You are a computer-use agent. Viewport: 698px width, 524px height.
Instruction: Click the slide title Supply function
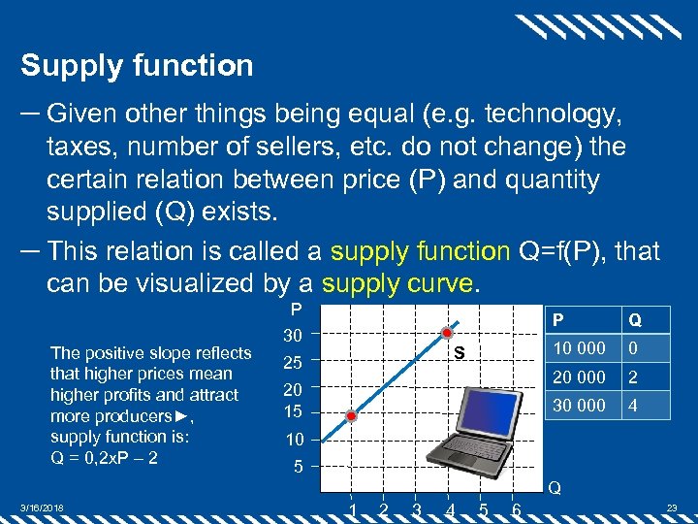137,66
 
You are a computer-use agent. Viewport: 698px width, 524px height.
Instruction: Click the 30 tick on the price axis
294,336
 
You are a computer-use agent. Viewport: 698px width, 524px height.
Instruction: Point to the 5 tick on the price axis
299,467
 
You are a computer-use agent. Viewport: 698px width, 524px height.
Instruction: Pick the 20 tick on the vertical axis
294,389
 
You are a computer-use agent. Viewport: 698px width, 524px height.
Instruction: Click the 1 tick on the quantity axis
352,508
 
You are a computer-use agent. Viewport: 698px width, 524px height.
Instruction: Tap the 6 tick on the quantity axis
516,508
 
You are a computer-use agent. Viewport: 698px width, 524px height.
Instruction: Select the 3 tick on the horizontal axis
417,508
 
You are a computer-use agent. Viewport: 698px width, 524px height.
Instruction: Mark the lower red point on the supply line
352,415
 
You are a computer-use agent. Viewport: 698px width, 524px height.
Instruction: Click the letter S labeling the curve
460,354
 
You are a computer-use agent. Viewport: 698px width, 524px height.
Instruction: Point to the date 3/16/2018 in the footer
42,508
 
